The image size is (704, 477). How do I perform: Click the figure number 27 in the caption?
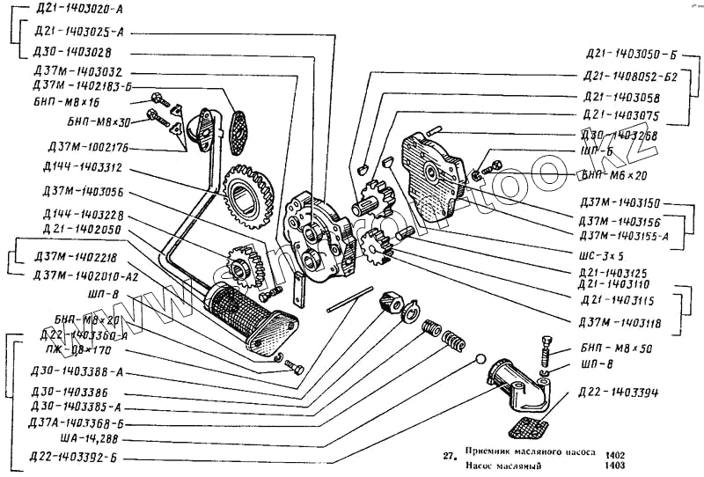pyautogui.click(x=448, y=455)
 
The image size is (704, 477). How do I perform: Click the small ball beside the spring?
pyautogui.click(x=480, y=359)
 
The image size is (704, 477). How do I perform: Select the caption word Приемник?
pyautogui.click(x=489, y=452)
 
